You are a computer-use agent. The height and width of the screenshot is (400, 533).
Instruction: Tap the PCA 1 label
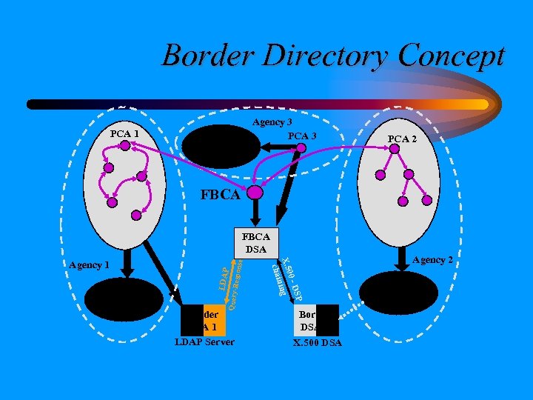tap(124, 133)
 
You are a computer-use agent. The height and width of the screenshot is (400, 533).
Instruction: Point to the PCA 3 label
tap(302, 136)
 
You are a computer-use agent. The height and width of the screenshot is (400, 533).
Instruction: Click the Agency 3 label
tap(272, 122)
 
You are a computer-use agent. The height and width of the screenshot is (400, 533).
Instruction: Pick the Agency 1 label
tap(89, 264)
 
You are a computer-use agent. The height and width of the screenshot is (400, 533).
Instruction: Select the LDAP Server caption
tap(204, 341)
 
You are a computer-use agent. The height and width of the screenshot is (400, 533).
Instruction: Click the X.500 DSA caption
tap(317, 342)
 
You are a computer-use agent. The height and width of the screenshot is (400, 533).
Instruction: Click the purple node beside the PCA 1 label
tap(125, 145)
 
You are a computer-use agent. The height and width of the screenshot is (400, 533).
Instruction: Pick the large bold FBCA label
tap(221, 196)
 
